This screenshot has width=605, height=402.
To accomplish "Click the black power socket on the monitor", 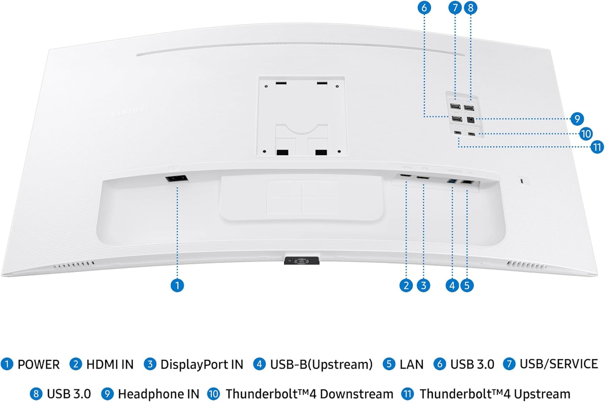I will tap(177, 178).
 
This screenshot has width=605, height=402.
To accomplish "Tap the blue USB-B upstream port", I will tap(453, 182).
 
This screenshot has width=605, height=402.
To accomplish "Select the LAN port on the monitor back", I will tap(467, 182).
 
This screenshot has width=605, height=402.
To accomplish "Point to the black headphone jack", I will tap(470, 120).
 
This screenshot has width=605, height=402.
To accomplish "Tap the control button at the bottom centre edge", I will tap(302, 261).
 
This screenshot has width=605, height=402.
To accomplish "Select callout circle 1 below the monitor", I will tap(177, 285).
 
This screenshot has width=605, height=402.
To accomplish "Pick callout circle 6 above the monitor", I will tap(424, 8).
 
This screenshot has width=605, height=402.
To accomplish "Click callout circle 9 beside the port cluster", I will tap(577, 119).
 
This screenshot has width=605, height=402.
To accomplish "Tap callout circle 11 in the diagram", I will tap(597, 147).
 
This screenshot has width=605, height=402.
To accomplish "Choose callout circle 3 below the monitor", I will tap(423, 285).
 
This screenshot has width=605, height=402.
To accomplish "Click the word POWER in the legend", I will tap(38, 364).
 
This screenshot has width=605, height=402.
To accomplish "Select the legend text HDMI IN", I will tap(110, 364).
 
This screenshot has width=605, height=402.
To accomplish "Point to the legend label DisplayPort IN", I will tap(202, 364).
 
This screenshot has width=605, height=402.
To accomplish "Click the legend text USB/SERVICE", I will tap(559, 364).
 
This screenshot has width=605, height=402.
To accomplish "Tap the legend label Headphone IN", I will tap(159, 394).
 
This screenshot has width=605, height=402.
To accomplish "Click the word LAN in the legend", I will tap(411, 364).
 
